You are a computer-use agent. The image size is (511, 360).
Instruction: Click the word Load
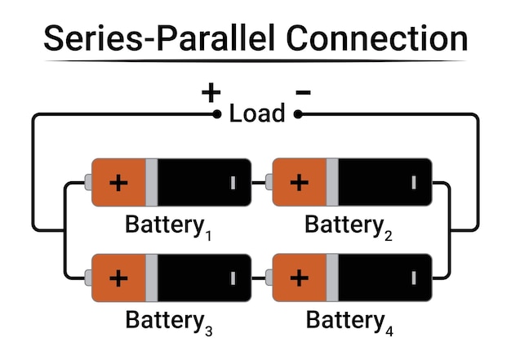257,113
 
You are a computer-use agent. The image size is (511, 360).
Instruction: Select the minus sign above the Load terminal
303,92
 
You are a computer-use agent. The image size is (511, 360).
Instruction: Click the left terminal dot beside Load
217,114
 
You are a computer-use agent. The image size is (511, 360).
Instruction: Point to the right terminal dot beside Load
298,114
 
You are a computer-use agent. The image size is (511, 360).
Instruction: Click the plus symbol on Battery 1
119,182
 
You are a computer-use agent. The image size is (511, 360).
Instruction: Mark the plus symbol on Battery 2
300,182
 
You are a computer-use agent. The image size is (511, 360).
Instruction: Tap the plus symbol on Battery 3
119,278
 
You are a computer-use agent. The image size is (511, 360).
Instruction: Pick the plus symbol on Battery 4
300,278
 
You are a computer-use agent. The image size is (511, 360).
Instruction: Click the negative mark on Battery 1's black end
233,182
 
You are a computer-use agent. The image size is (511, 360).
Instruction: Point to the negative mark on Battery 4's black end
414,278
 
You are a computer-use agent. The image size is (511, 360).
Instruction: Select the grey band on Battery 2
332,182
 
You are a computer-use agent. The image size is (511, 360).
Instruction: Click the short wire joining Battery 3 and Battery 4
261,278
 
